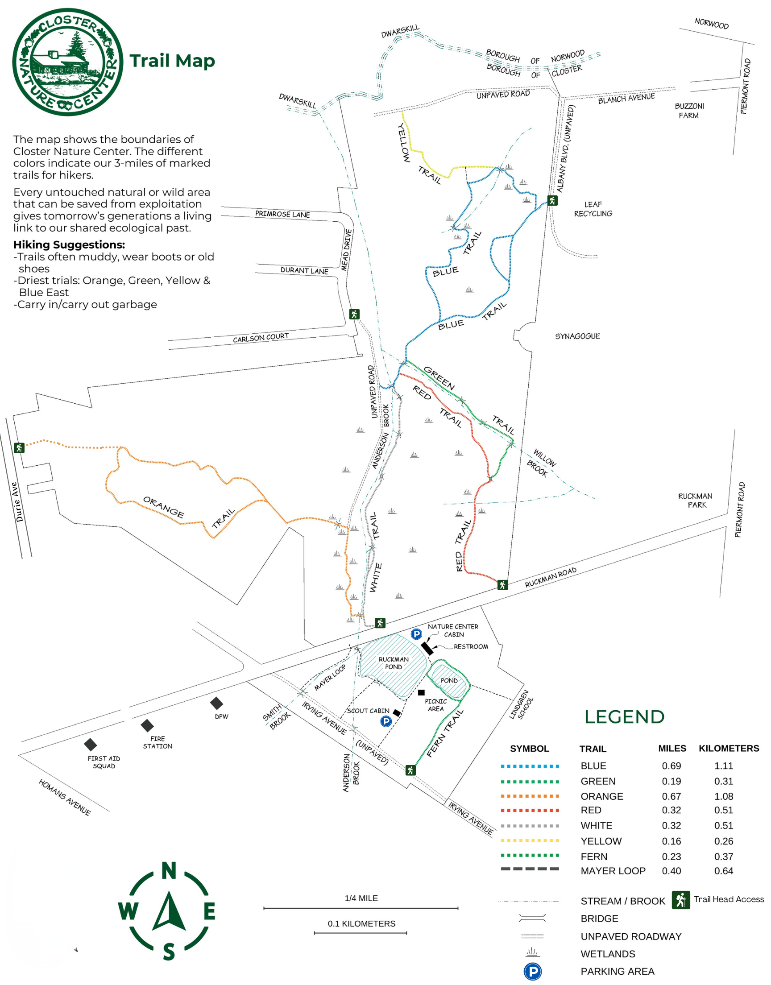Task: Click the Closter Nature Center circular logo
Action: pos(68,62)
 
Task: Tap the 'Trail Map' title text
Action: pos(172,61)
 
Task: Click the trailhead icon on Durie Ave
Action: pos(19,447)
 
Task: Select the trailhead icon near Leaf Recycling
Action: pos(552,200)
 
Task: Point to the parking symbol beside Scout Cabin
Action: pos(385,721)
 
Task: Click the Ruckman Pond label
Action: pos(394,663)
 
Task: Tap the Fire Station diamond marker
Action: pos(147,725)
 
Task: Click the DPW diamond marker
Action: pos(216,703)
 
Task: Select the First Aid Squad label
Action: pos(104,762)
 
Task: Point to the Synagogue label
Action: pos(577,336)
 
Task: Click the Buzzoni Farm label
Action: pos(689,111)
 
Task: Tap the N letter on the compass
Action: pos(169,871)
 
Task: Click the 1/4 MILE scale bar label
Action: pos(361,898)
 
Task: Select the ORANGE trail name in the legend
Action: pos(602,796)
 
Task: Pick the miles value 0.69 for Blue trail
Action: pos(671,766)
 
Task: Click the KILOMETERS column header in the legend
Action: pos(729,748)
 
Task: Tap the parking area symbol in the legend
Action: pos(533,972)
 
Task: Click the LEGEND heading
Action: pos(624,716)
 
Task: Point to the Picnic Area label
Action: pos(435,705)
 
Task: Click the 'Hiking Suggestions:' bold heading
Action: pos(69,244)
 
